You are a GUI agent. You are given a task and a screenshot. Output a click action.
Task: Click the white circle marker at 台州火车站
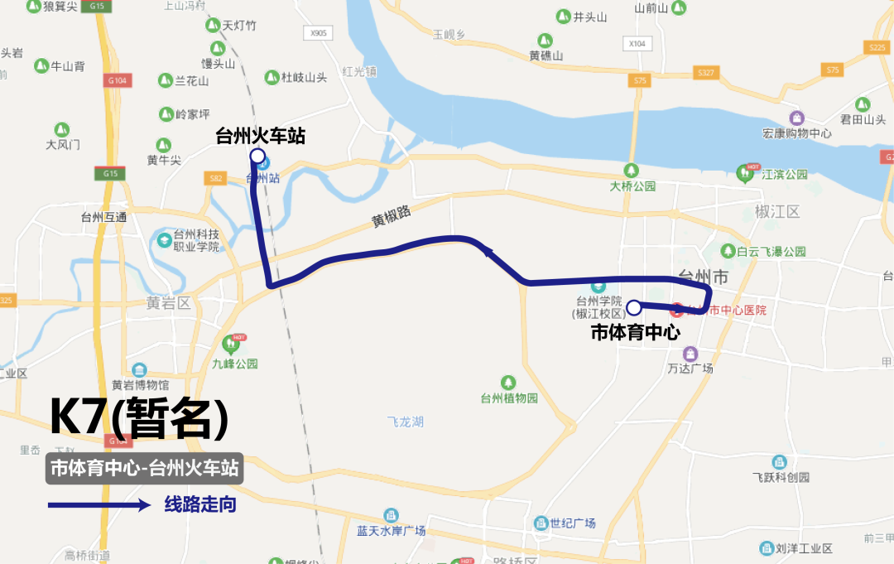[257, 156]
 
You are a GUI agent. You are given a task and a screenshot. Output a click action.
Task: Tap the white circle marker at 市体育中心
[633, 307]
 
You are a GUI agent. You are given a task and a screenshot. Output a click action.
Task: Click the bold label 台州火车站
[260, 136]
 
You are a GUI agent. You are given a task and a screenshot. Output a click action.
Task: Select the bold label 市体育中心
[635, 333]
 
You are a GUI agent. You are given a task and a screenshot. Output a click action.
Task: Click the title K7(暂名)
[139, 418]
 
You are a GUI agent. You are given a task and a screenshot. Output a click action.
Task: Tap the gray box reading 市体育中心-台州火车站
[145, 468]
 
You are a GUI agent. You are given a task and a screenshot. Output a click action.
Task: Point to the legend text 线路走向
[200, 504]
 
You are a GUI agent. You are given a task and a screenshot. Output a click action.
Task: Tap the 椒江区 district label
[777, 211]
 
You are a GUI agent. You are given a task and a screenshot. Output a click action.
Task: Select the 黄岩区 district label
[168, 302]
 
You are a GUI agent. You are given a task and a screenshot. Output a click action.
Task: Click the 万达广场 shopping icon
[690, 353]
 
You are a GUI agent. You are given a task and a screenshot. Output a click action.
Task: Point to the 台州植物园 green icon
[508, 382]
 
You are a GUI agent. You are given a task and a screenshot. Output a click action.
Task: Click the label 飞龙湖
[405, 422]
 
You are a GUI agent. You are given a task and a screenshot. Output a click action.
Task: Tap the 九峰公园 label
[235, 364]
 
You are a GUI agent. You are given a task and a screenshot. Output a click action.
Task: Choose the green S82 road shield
[215, 178]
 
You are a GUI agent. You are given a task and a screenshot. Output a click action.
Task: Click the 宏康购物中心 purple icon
[796, 118]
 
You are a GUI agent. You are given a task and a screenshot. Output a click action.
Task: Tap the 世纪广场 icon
[541, 523]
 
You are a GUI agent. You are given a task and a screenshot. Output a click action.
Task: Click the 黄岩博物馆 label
[140, 385]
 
